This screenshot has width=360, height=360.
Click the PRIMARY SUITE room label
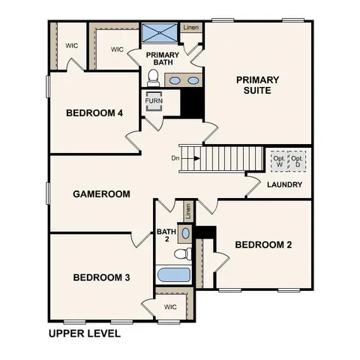point(257,85)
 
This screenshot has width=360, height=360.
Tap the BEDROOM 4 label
point(94,113)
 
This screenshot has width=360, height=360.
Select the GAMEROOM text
point(101,193)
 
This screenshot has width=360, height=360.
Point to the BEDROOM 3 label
point(101,277)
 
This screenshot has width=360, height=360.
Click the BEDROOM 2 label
point(263,244)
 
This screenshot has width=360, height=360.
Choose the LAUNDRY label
point(284,184)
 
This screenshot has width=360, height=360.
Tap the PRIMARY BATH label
point(162,59)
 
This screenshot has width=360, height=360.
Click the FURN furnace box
point(154,100)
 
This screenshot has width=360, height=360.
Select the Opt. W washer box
point(279,160)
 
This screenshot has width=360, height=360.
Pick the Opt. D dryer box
point(297,160)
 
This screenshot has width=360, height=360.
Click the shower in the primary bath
point(160,34)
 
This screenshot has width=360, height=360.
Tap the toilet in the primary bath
point(154,77)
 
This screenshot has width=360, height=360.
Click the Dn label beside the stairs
point(175,158)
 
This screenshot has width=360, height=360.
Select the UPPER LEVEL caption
point(84,333)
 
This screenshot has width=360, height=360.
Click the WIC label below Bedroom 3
point(170,307)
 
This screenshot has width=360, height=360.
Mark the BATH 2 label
point(166,235)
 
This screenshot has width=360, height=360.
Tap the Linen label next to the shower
point(191,28)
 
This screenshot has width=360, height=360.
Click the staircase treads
point(229,159)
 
